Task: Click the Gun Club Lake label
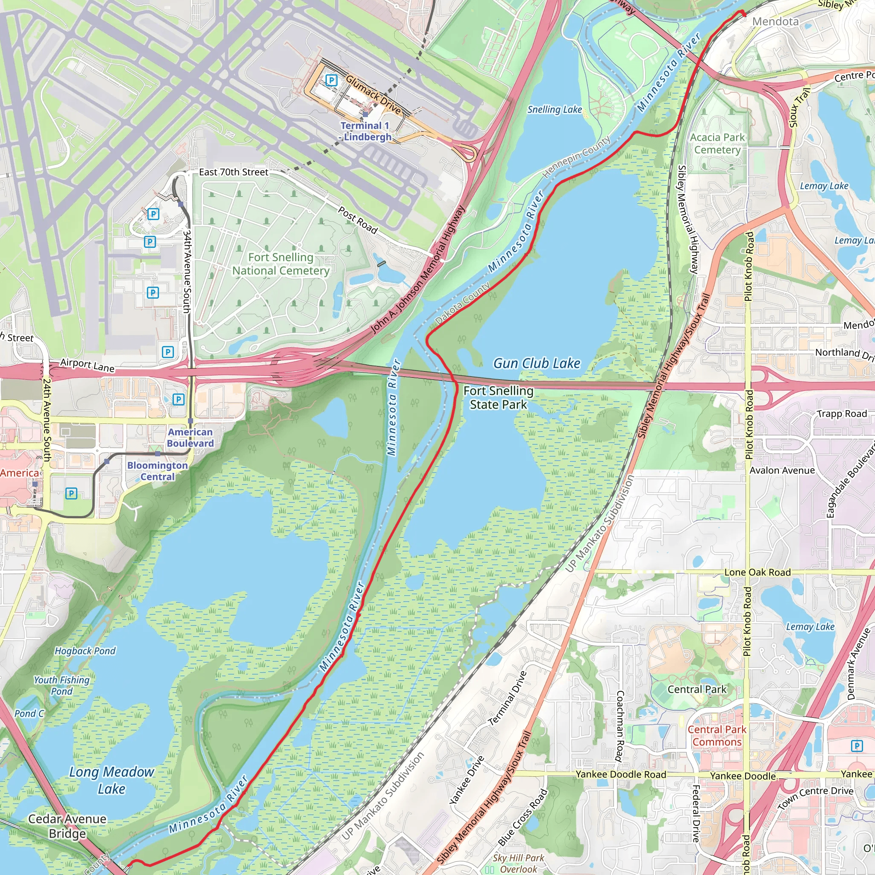537,363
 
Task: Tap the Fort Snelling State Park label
498,397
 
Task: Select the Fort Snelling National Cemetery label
281,264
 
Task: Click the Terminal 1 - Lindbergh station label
365,131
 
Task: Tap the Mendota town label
775,21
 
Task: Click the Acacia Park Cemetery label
717,143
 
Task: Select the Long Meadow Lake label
112,780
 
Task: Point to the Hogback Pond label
85,651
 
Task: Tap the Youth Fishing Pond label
62,685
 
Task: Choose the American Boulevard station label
190,437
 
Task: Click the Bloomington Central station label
157,470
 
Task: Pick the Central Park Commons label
717,736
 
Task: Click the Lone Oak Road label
757,572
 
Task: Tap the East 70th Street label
234,172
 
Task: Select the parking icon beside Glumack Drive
332,81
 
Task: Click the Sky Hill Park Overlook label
518,863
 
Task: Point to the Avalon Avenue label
782,470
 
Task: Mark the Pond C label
29,714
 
